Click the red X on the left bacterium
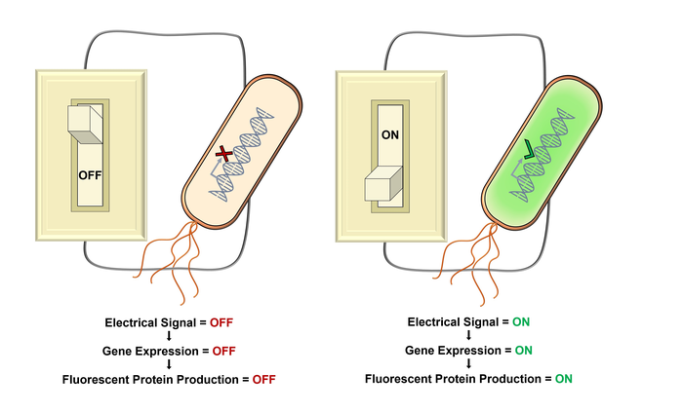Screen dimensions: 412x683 point(225,154)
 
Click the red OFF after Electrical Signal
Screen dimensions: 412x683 point(221,321)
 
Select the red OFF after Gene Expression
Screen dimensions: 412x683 point(223,351)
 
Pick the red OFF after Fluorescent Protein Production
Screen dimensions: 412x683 point(264,379)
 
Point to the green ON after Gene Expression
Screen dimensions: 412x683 point(523,351)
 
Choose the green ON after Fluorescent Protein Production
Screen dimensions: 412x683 point(563,379)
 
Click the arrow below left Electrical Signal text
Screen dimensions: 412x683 point(169,336)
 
